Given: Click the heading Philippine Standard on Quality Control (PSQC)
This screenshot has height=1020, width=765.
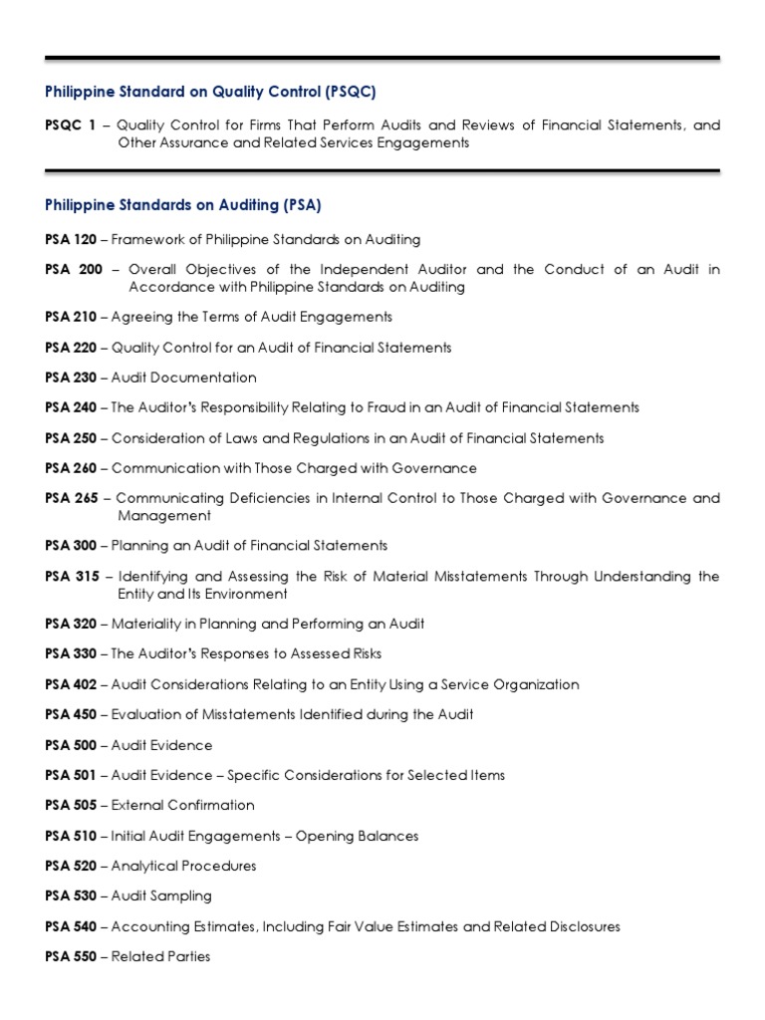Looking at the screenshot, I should click(x=211, y=92).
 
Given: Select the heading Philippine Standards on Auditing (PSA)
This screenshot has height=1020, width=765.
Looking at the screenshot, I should click(x=183, y=205).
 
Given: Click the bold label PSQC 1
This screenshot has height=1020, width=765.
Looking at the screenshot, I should click(x=74, y=126).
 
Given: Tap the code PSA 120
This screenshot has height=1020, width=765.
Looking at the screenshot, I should click(x=71, y=239).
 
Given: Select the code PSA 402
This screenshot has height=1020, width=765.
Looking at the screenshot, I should click(x=71, y=684).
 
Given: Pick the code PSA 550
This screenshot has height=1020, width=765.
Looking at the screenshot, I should click(x=71, y=956).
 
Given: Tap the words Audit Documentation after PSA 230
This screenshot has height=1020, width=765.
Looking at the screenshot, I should click(x=183, y=378).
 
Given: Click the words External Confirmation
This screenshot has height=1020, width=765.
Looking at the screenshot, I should click(x=182, y=805).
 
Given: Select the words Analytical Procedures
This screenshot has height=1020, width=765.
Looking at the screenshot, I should click(x=183, y=866).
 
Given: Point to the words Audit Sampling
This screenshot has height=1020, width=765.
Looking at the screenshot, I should click(x=161, y=895).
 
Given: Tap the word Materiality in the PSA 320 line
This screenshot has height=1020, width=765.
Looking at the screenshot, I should click(x=146, y=624).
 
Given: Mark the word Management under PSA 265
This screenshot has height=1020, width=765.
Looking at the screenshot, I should click(x=164, y=516).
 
